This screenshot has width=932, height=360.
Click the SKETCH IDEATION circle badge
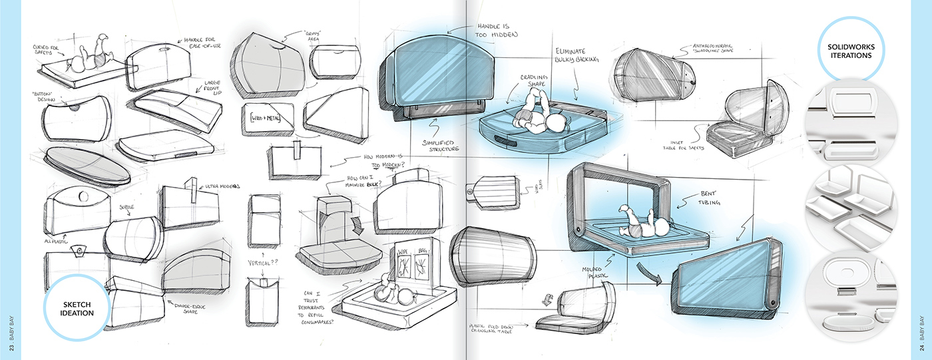tap(75, 307)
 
